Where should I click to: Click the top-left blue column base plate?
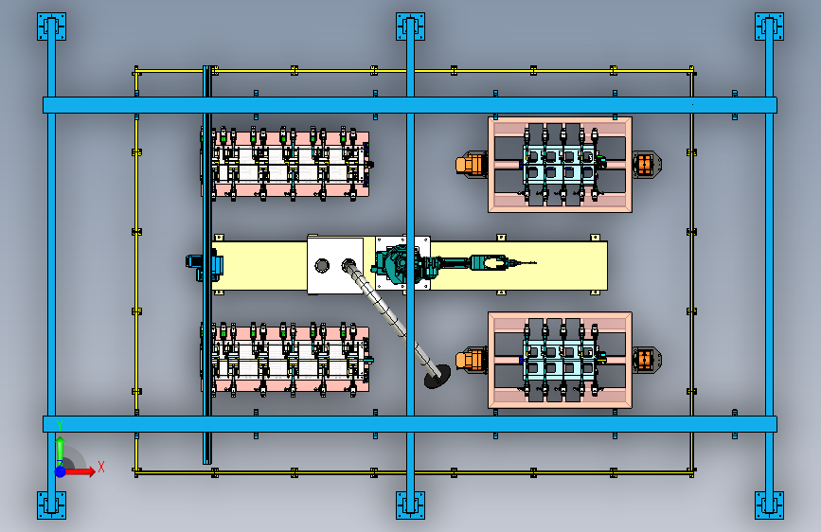coord(51,27)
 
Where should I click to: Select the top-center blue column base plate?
coord(410,27)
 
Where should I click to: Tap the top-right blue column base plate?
coord(769,27)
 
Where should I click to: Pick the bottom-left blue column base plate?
coord(51,505)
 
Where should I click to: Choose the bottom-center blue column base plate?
coord(410,505)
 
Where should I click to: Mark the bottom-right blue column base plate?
coord(769,505)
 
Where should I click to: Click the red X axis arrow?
coord(80,471)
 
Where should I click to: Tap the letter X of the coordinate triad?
coord(101,467)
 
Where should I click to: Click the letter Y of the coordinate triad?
coord(60,426)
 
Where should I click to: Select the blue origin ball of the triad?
coord(61,471)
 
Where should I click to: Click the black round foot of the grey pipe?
coord(437,377)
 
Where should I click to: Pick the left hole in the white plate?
coord(322,265)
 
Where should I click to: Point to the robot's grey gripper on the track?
coord(489,262)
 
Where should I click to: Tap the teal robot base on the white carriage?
coord(397,265)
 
